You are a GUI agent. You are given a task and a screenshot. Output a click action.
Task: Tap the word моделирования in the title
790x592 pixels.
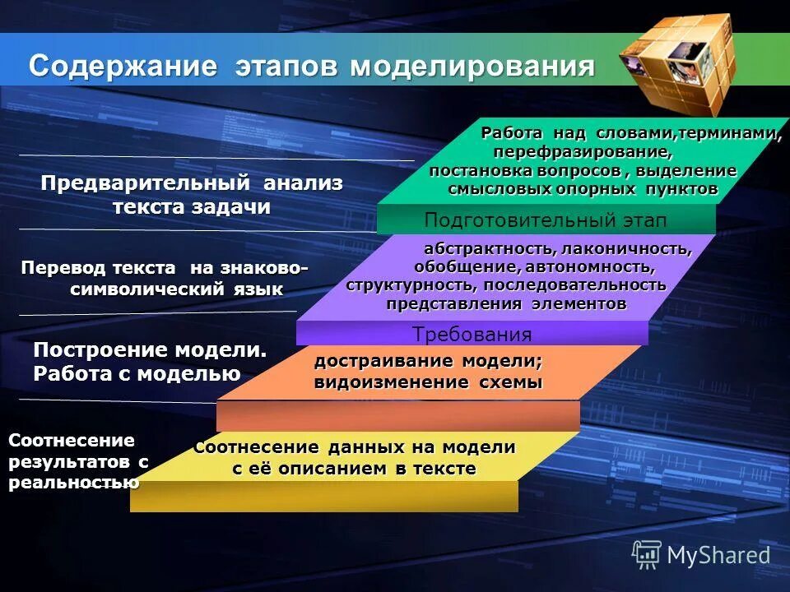[472, 66]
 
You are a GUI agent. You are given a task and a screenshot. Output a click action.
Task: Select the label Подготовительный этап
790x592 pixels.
[545, 220]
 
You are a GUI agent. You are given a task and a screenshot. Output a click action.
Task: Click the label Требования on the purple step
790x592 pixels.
[472, 335]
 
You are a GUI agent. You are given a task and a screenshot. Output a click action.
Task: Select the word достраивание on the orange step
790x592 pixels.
[383, 362]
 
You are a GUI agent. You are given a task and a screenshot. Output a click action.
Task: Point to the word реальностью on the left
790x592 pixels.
[73, 483]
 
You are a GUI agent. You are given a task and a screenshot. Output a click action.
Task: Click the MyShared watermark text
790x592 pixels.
[718, 555]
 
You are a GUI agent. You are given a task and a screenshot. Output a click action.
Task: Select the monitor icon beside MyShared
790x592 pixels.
[647, 554]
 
